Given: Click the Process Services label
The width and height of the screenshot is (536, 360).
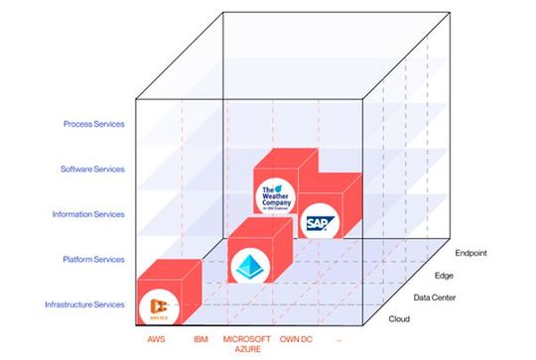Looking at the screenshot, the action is point(92,124).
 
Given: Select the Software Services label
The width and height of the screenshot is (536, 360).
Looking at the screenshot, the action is point(91,169).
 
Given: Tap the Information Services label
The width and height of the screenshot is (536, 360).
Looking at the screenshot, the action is point(88,214).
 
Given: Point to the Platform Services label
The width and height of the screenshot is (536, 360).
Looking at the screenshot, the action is point(94,260).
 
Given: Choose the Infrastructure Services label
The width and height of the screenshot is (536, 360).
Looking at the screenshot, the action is point(85,304).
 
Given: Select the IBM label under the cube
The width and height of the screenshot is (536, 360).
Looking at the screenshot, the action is point(199,340).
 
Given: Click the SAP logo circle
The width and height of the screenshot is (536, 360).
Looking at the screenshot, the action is point(319,222).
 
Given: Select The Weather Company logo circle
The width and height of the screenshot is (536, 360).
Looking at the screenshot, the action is point(273,194).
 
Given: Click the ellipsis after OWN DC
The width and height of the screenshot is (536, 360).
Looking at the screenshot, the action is point(338,340).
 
